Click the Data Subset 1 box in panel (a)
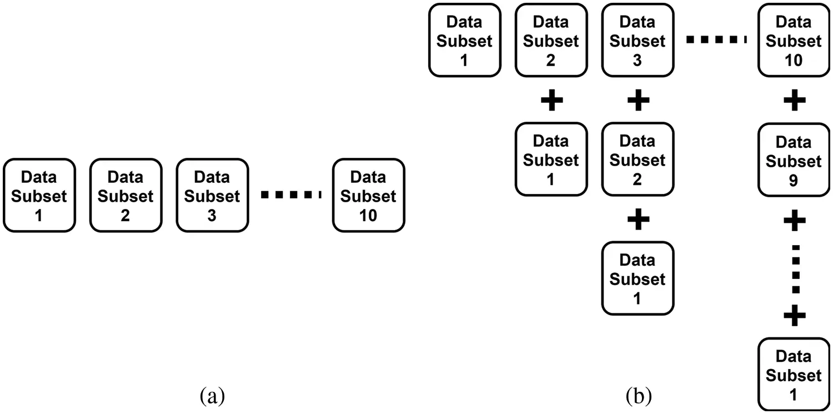[39, 195]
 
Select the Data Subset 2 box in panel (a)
[126, 195]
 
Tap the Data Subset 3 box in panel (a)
[212, 195]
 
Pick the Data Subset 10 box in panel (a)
[369, 195]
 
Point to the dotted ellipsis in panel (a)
[291, 195]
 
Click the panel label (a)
[212, 396]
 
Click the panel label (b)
[639, 396]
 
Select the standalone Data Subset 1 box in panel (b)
[464, 40]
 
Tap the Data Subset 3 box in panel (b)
[638, 40]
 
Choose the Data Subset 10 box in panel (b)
[794, 40]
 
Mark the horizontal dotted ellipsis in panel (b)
[716, 39]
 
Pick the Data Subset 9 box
[794, 160]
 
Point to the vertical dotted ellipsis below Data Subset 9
[795, 268]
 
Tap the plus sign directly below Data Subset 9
[794, 220]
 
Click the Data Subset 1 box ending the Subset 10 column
[794, 374]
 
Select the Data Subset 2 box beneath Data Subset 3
[638, 159]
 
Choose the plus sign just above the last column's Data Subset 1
[794, 316]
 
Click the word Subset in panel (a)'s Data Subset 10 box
[369, 196]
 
